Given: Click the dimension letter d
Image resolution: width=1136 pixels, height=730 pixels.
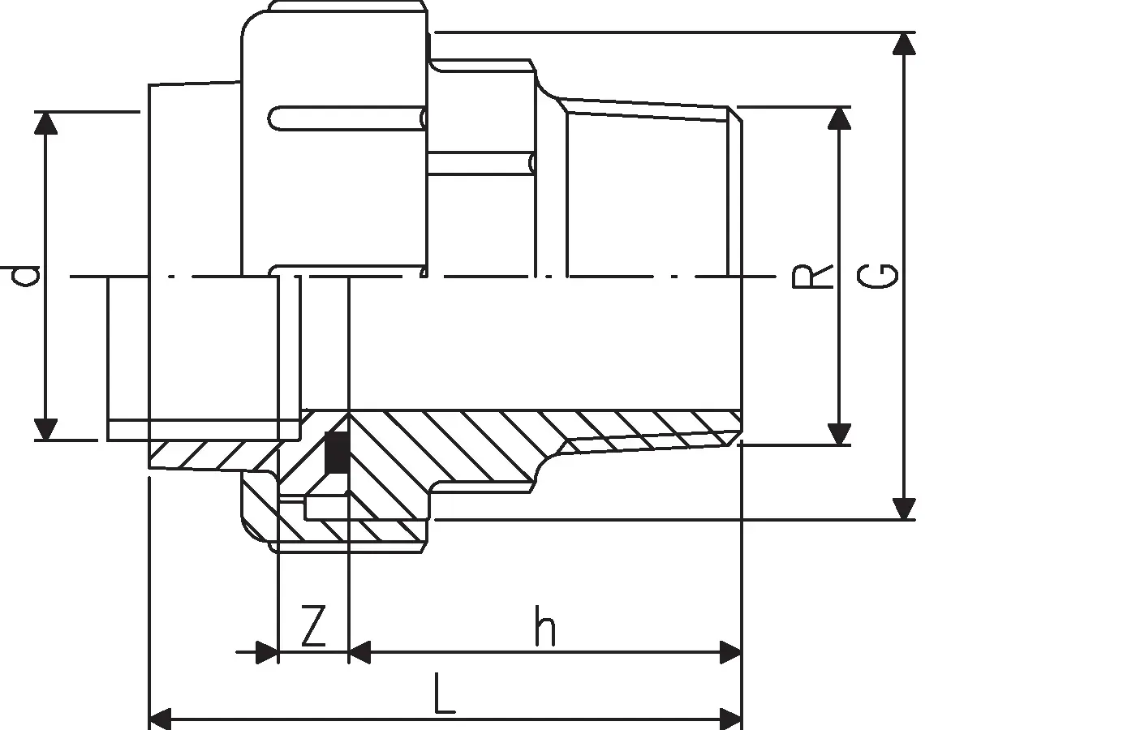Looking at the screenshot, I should click(27, 276).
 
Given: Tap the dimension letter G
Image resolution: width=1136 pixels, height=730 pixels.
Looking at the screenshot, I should click(879, 276).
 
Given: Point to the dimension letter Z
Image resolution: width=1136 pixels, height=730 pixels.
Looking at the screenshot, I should click(313, 625).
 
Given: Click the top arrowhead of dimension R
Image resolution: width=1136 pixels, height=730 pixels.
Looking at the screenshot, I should click(840, 118).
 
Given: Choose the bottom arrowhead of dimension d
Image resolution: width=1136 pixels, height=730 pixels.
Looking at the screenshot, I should click(47, 429).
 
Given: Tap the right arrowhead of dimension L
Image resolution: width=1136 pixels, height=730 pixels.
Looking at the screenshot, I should click(731, 719).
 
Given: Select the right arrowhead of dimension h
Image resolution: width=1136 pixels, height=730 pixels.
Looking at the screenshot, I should click(731, 651).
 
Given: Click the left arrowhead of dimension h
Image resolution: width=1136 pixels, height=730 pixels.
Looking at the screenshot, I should click(359, 651).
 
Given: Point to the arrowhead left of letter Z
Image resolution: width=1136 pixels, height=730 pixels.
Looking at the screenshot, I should click(266, 651).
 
